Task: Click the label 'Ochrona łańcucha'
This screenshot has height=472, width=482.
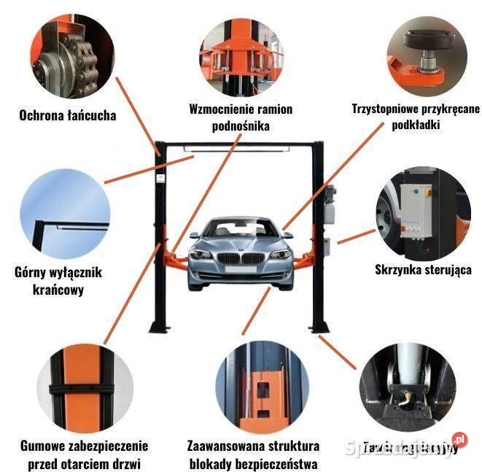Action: (x=68, y=115)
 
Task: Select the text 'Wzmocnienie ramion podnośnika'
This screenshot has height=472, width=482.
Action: (x=240, y=117)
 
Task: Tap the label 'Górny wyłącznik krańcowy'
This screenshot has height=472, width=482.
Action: (x=58, y=281)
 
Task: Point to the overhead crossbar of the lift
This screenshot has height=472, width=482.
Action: (x=241, y=146)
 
